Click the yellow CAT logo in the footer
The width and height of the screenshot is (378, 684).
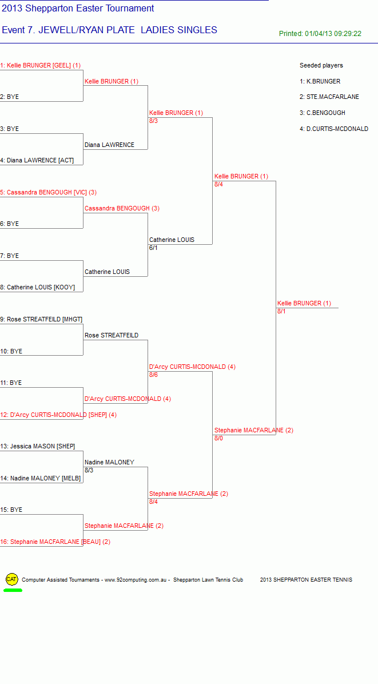(12, 579)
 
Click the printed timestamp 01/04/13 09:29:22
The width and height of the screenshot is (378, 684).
(333, 34)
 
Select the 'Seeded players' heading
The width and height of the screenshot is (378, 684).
(321, 65)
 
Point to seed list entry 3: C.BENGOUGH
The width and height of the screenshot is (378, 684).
(322, 113)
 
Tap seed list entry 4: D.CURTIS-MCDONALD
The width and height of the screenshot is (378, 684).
(334, 129)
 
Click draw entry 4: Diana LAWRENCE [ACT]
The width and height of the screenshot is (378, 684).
(37, 161)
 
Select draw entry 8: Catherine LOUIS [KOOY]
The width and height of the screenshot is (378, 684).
(38, 288)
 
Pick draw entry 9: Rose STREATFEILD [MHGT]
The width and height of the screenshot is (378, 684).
(41, 319)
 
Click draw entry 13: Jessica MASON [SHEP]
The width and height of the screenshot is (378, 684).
(38, 446)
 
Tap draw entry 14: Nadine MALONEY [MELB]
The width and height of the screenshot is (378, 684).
(41, 478)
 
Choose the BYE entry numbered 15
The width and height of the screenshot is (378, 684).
(11, 510)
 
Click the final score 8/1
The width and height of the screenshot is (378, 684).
(281, 312)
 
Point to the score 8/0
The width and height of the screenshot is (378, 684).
(218, 439)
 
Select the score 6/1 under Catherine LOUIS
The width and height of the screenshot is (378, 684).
(153, 248)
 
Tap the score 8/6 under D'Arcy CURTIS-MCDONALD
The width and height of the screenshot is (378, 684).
(153, 375)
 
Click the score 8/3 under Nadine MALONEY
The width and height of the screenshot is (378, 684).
(89, 470)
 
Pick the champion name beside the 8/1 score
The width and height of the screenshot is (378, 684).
(304, 303)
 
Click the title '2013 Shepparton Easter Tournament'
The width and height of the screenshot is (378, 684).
(78, 8)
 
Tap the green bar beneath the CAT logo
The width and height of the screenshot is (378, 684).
(13, 590)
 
